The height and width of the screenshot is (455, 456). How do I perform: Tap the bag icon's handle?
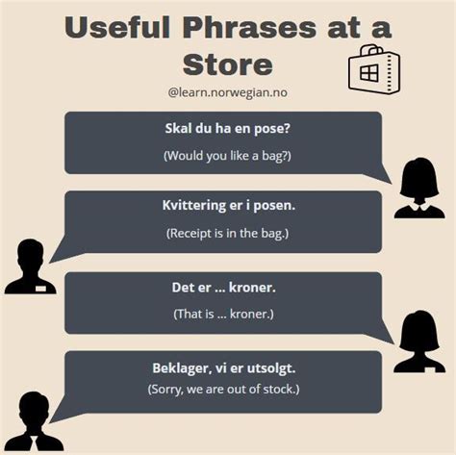pos(371,50)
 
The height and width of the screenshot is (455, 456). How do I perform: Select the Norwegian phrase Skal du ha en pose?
pos(222,129)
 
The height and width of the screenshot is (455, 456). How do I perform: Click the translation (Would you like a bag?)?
pos(222,154)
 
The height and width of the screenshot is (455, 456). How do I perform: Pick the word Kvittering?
pos(196,206)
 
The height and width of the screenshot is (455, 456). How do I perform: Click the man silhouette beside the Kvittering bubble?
pos(30,266)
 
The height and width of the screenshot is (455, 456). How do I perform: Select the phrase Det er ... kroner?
pos(222,288)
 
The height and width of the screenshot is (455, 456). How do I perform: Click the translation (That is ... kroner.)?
pos(222,314)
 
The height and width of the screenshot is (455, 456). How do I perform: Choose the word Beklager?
pos(185,367)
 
